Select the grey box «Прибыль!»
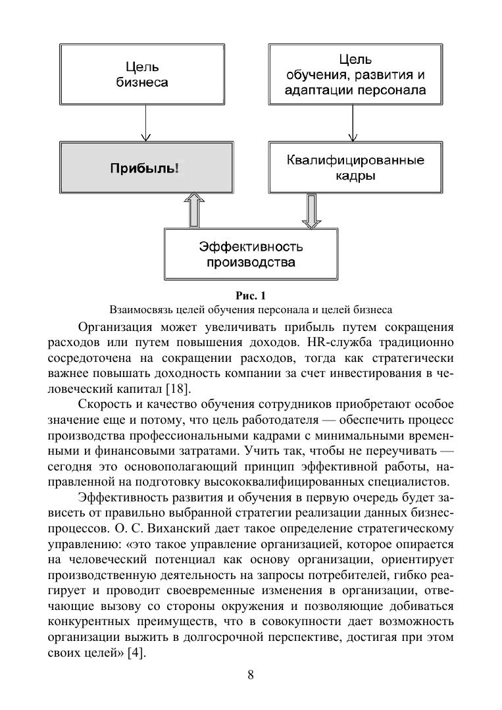click(x=144, y=168)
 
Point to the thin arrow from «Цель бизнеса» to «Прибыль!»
click(x=144, y=124)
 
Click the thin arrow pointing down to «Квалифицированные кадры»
click(x=355, y=124)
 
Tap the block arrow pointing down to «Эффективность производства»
click(x=311, y=211)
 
